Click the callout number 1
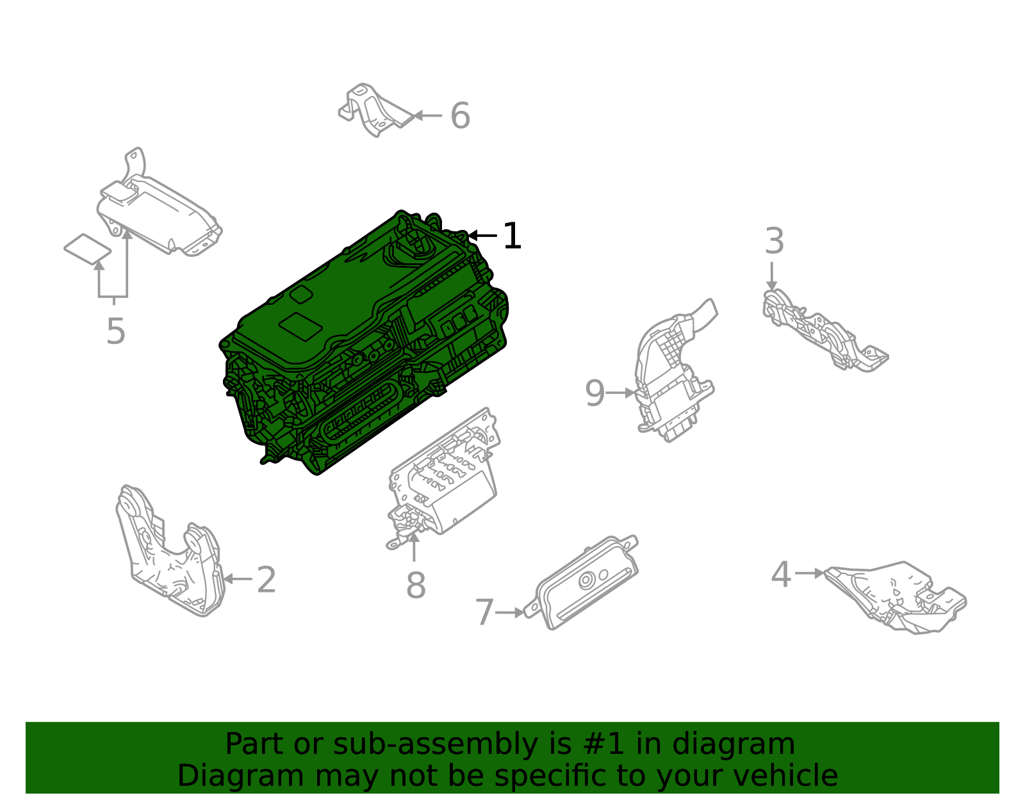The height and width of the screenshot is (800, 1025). coord(512,236)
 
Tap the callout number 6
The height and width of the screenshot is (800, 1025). coord(460,116)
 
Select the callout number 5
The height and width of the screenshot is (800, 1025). coord(115,332)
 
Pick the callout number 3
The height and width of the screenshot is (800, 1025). coord(775,242)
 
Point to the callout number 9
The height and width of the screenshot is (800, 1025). coord(594,393)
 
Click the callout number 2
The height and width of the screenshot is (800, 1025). coord(266,580)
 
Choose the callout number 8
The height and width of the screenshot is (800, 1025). coord(416,585)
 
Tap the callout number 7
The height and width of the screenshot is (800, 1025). coord(484,612)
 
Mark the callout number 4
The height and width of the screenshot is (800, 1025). coord(781,574)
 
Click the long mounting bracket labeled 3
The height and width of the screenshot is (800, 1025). coord(823,331)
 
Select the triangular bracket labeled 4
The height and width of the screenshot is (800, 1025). coord(897,596)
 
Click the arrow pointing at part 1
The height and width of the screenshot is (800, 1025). coord(482,236)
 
